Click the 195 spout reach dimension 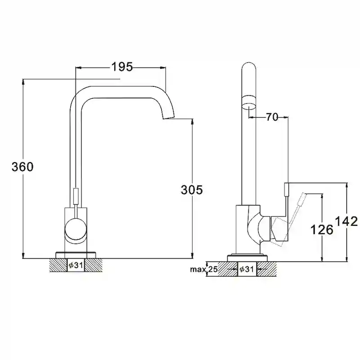pyautogui.click(x=122, y=67)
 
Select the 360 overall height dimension pyautogui.click(x=22, y=166)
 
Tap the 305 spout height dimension pyautogui.click(x=192, y=189)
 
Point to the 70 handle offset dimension pyautogui.click(x=272, y=117)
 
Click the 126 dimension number pyautogui.click(x=322, y=229)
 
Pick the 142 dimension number pyautogui.click(x=346, y=221)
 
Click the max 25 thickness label pyautogui.click(x=204, y=269)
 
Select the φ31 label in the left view pyautogui.click(x=76, y=265)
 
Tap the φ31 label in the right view pyautogui.click(x=246, y=269)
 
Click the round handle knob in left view pyautogui.click(x=76, y=230)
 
